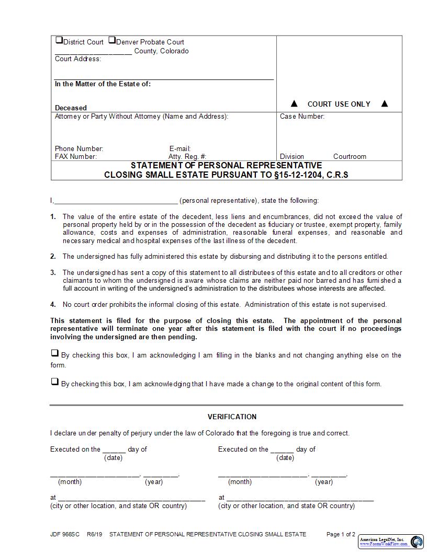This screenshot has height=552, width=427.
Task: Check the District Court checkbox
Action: coord(59,40)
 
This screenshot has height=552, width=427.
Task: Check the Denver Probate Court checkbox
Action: coord(112,40)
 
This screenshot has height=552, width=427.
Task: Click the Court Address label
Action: coord(78,59)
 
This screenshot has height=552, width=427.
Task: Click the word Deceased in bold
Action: coord(71,108)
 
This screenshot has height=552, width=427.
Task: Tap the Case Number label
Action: coord(302,116)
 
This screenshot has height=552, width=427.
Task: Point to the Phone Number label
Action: coord(79,148)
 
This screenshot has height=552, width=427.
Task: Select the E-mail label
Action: coord(180,148)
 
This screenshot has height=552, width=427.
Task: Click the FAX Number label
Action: coord(76,156)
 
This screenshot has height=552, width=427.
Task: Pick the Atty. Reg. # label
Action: coord(187,156)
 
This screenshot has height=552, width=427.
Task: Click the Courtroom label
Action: coord(350,156)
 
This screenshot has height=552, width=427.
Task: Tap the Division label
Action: coord(291,156)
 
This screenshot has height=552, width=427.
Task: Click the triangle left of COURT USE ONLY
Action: coord(294,103)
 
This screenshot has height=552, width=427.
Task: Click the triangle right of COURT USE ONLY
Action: coord(385,103)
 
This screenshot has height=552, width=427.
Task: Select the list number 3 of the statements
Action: coord(53,272)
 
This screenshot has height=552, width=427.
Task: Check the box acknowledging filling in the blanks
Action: coord(54,353)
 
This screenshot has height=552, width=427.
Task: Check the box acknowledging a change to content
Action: coord(54,382)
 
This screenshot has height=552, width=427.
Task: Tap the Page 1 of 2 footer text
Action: coord(341,534)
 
